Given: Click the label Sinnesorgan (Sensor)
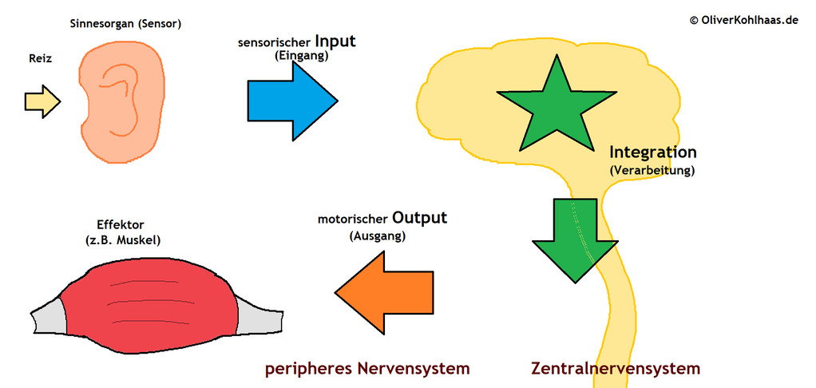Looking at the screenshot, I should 125,24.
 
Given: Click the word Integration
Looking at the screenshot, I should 652,152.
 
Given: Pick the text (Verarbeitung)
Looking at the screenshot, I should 652,170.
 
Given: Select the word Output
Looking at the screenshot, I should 420,217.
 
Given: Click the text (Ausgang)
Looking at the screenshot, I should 378,236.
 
